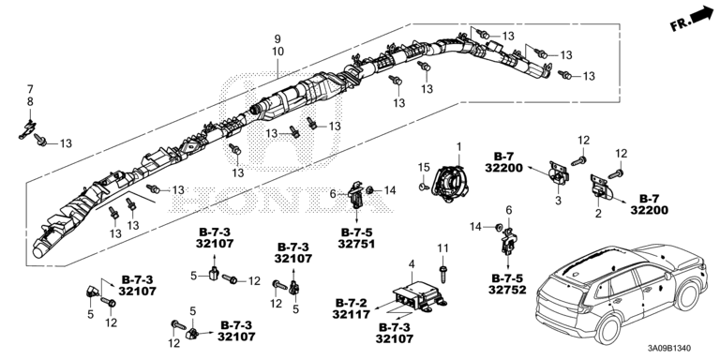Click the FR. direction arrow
(x=704, y=14)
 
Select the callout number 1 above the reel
(x=458, y=146)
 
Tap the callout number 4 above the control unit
(x=412, y=264)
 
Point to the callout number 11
(x=442, y=248)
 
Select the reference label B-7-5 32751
(x=356, y=238)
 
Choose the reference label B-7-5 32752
(x=507, y=284)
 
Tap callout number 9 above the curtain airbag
(x=277, y=39)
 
